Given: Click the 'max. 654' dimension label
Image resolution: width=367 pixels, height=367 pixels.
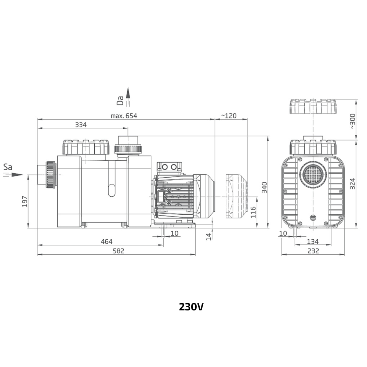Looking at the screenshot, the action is point(124,116).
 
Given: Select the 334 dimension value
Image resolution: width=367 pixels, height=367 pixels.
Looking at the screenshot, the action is point(81,125).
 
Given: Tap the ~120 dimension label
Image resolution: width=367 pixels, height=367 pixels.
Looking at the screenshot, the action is point(229,116).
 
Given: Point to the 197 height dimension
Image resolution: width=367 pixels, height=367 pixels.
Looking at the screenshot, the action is point(25,201).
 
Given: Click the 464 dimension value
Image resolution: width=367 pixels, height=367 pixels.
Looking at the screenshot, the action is point(106,241).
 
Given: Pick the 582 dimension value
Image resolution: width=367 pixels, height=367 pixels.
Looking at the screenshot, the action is point(119,251).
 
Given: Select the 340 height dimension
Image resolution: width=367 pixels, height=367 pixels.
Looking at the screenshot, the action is point(264,188).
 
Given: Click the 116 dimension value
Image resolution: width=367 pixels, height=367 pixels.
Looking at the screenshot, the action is point(253,212).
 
